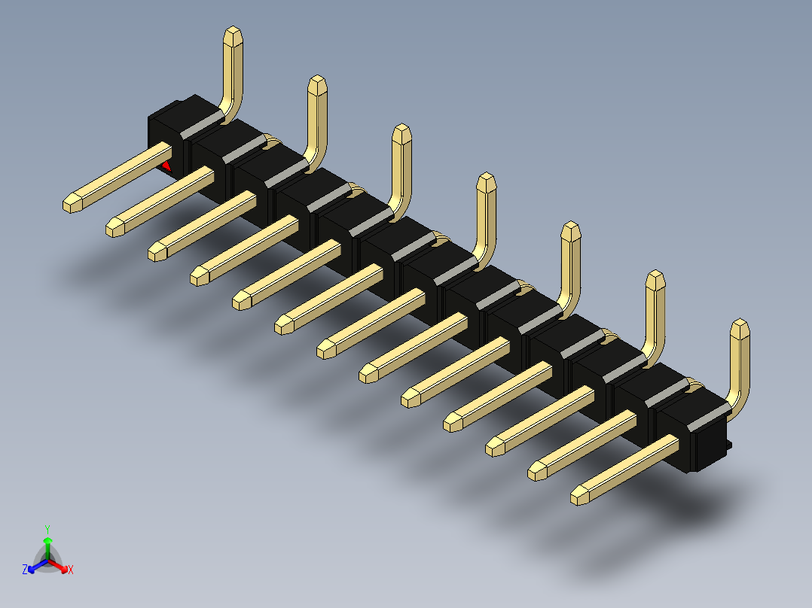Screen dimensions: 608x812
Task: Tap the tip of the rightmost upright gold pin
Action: pos(740,327)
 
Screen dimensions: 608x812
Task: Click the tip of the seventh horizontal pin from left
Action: pos(326,348)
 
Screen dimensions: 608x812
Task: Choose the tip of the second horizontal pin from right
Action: pos(537,471)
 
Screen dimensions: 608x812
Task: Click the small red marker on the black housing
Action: pos(166,165)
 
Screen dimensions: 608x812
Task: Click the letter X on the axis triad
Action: pos(71,570)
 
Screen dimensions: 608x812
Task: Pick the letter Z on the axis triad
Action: pos(25,570)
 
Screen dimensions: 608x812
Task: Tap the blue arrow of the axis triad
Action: pos(35,567)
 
